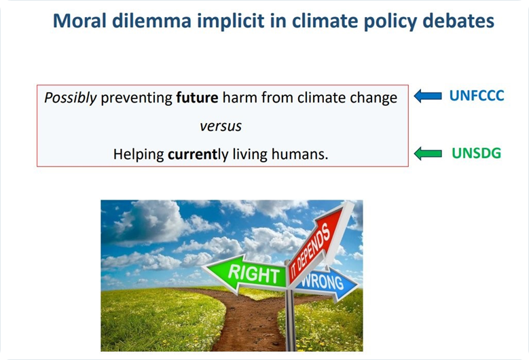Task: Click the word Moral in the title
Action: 80,20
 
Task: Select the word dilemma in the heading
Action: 152,20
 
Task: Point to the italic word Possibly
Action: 71,98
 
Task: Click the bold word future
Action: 197,98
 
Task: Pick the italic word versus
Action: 221,126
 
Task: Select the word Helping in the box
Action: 139,155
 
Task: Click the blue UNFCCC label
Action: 477,96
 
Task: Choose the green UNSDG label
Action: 476,154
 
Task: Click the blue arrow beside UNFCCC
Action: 428,96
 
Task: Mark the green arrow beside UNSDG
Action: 428,154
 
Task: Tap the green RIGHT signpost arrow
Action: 247,274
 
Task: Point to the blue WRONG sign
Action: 325,283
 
